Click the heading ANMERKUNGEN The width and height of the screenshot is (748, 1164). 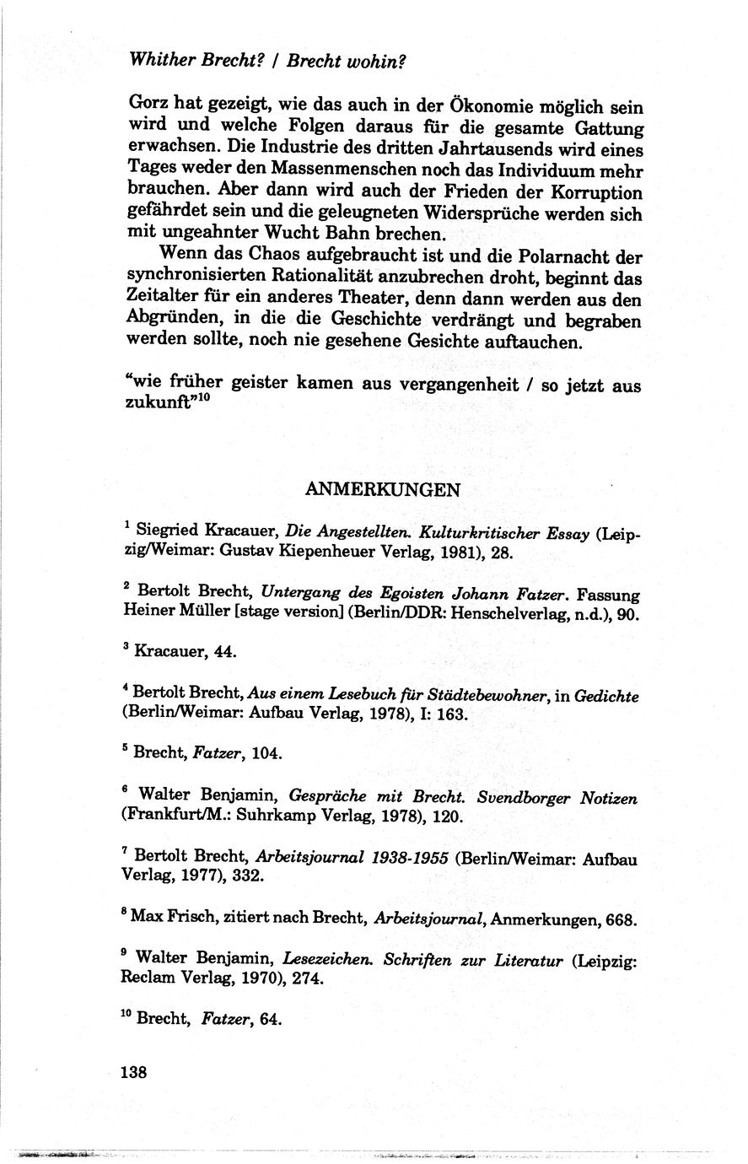point(382,489)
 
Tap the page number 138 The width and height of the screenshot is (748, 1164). point(134,1072)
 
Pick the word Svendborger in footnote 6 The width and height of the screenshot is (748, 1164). point(526,796)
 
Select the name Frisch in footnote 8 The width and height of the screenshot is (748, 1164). point(190,919)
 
